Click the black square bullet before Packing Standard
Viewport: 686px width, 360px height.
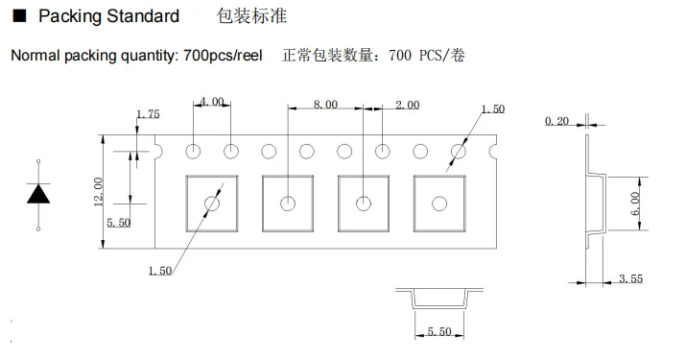20,16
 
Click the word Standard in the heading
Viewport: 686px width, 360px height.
143,16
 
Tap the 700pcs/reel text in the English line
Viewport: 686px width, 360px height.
223,56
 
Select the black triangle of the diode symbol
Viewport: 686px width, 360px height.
38,194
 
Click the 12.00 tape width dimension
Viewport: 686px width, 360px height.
98,191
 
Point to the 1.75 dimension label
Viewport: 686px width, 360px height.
148,114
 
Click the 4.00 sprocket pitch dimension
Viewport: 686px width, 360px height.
212,102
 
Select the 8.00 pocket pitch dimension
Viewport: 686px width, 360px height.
325,105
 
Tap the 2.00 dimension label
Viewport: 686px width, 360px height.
408,105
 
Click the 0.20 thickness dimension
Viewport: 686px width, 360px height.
556,120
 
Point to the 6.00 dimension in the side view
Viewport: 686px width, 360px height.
635,204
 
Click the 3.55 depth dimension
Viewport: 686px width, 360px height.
631,278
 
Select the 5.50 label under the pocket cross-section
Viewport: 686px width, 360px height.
439,331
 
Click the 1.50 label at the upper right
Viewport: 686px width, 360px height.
493,109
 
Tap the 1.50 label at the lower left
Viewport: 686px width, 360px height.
159,271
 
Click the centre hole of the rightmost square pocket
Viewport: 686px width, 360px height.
439,204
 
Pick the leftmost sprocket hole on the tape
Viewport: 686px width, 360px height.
193,152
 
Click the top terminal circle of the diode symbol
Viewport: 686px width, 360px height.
38,161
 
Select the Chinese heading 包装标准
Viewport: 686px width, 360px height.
252,16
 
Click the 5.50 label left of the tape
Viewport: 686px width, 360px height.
119,223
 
